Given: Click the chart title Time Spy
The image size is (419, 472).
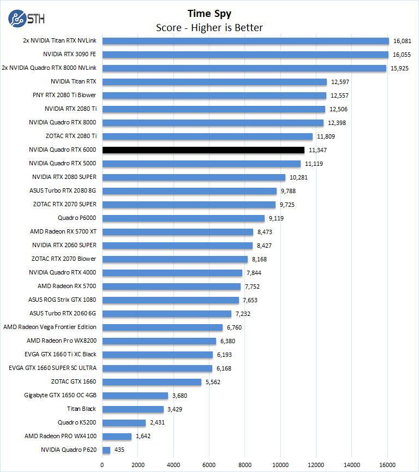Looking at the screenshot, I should click(209, 14).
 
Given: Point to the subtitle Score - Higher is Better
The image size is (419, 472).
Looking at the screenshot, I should click(209, 27).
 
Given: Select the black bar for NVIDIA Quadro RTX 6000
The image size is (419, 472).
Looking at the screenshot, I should click(203, 150).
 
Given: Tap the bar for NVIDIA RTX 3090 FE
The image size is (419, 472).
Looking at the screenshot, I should click(245, 55).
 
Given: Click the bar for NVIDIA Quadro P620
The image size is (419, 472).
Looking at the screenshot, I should click(106, 450).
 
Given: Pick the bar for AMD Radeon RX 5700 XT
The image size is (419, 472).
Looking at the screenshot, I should click(178, 232).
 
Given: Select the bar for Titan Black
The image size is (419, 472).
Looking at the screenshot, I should click(133, 409).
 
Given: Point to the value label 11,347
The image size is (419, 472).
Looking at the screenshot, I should click(318, 150).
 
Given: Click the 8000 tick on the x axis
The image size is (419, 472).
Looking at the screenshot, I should click(245, 464).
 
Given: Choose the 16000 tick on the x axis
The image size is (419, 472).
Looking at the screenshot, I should click(387, 464).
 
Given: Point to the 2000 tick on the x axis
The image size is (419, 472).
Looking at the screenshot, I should click(138, 464).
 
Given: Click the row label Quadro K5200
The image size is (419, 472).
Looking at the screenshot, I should click(77, 423).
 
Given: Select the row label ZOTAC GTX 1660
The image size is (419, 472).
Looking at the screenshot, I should click(74, 382).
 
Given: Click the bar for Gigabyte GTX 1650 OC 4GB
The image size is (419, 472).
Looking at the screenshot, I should click(135, 396).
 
